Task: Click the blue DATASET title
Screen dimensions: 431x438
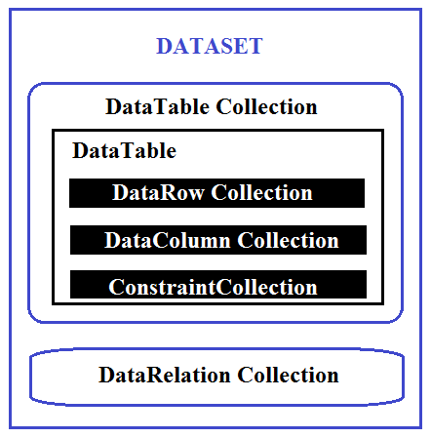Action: (x=210, y=46)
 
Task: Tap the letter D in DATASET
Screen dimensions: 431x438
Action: (x=164, y=46)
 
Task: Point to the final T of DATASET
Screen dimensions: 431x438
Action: (x=255, y=46)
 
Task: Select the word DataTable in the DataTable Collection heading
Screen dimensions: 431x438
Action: (x=158, y=106)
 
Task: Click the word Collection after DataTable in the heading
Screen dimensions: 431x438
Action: (x=266, y=106)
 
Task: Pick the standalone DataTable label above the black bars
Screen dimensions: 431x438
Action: (x=124, y=150)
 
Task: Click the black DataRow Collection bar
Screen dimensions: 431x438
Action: (x=216, y=193)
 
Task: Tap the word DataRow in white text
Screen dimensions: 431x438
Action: (x=158, y=192)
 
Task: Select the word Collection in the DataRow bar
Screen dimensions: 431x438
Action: (x=261, y=192)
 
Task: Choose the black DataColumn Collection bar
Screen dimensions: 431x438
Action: (x=218, y=240)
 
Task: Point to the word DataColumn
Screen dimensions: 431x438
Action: (x=168, y=240)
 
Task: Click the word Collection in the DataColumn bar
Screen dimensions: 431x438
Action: (x=288, y=240)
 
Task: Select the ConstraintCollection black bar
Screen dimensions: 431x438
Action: (x=218, y=284)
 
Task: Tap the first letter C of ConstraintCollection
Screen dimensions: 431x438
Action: (x=115, y=287)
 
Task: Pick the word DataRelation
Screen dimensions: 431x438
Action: (x=165, y=375)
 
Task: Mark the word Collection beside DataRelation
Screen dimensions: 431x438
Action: (x=288, y=375)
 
